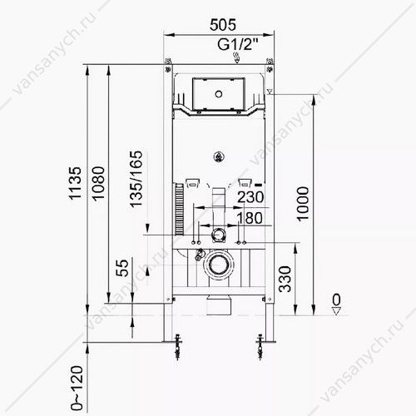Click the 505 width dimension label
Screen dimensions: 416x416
tap(223, 25)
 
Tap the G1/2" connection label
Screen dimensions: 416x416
tap(238, 44)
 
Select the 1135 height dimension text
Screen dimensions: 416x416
tap(75, 183)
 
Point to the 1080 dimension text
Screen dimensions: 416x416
tap(98, 184)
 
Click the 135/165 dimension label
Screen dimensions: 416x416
tap(136, 179)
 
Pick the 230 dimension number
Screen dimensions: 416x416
tap(250, 197)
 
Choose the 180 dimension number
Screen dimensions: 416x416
tap(250, 218)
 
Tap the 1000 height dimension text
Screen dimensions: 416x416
tap(302, 204)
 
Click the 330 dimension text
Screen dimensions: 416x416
tap(285, 279)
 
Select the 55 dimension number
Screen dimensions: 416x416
tap(122, 268)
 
